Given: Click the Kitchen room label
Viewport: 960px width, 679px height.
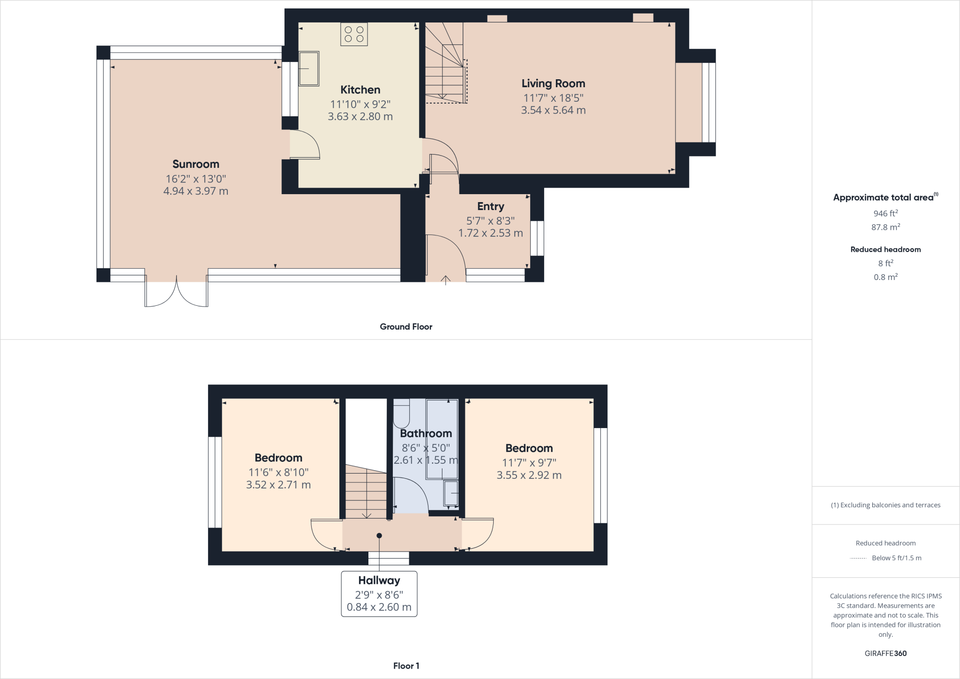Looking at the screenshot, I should [360, 90].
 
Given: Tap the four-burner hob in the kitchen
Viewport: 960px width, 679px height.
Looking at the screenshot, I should [354, 34].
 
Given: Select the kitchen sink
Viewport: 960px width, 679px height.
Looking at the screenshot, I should [309, 68].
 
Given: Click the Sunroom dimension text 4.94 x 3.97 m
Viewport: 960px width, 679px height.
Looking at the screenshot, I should [195, 191].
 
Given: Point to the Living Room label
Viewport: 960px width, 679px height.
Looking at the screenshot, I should [553, 83].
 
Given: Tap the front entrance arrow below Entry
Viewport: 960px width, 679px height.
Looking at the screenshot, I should [445, 280].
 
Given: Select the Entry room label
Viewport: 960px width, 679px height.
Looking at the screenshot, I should [490, 206].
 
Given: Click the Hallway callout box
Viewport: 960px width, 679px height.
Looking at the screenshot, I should [379, 593].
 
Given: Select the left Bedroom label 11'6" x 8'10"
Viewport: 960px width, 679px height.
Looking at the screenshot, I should [278, 458].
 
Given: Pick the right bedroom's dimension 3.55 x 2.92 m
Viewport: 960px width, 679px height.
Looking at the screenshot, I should [529, 475].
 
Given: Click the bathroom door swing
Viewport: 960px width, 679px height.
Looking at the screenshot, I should [410, 495].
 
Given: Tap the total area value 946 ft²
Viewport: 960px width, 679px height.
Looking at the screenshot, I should [885, 213].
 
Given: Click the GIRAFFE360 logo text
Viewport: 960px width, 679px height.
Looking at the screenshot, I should [885, 653].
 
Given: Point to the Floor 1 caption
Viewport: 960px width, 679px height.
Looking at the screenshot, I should [406, 665].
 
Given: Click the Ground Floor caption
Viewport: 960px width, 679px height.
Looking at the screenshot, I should [405, 327].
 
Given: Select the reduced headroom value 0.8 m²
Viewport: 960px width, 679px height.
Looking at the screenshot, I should [885, 277].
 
